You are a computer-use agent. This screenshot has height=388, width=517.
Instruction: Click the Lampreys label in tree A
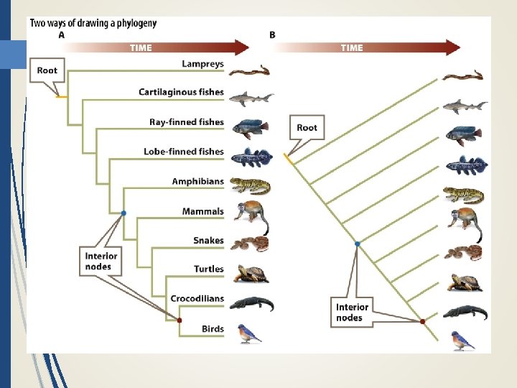(202, 64)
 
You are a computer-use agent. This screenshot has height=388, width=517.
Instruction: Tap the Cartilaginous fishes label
(181, 92)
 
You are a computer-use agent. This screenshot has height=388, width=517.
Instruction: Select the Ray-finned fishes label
(186, 122)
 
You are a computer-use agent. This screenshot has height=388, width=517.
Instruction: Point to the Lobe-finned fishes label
(183, 152)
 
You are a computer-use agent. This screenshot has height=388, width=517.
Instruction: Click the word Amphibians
(197, 181)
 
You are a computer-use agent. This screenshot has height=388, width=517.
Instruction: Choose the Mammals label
(202, 211)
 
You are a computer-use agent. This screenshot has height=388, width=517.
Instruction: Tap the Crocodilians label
(197, 298)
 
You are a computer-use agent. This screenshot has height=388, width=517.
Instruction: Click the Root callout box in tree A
(47, 70)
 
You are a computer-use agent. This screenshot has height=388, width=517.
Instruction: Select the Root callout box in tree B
(307, 127)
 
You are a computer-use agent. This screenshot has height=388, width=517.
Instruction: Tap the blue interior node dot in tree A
(124, 213)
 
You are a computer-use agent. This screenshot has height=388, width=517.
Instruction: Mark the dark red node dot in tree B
(422, 321)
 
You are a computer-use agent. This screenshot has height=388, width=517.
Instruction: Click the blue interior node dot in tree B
(357, 244)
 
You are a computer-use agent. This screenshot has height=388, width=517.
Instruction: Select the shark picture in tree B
(463, 106)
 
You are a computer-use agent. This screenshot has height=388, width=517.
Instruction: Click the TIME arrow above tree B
(366, 47)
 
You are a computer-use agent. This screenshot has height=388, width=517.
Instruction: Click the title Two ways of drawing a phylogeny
(93, 23)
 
